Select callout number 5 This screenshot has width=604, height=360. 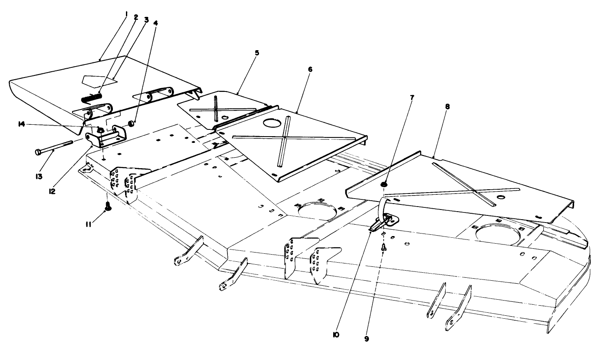257,53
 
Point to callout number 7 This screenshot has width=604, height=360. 412,97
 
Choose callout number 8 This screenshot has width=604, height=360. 447,107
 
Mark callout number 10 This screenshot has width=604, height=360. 336,335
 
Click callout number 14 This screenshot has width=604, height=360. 20,124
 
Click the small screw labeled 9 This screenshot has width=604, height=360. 384,249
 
